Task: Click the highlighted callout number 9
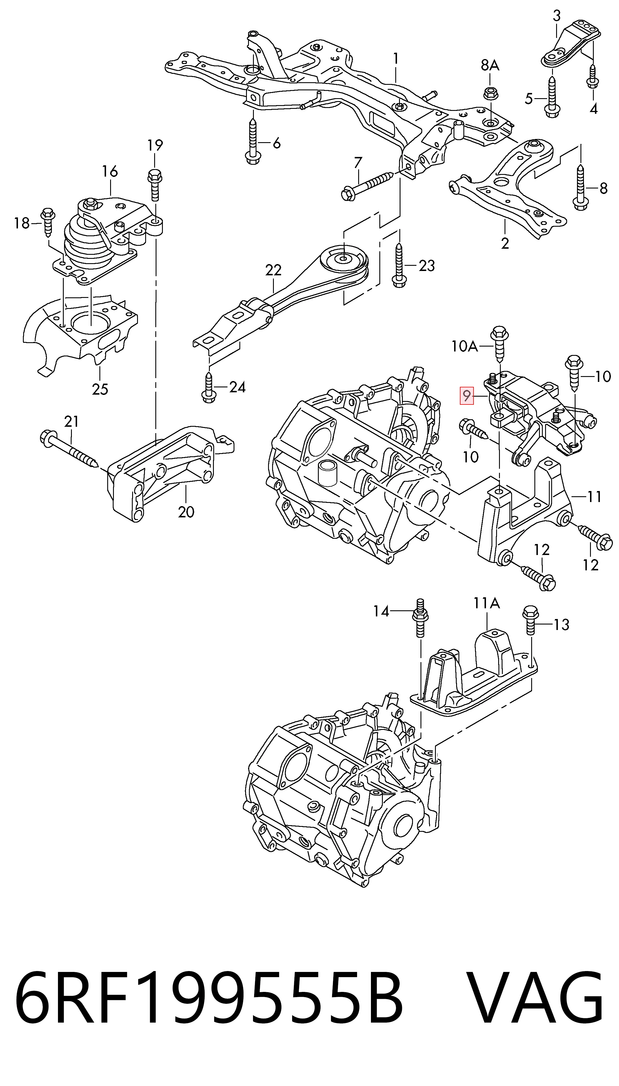(x=467, y=396)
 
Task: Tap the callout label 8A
(x=490, y=65)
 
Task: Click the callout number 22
(x=273, y=270)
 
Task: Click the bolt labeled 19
(x=154, y=184)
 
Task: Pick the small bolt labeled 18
(x=47, y=221)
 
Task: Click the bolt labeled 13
(x=530, y=620)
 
